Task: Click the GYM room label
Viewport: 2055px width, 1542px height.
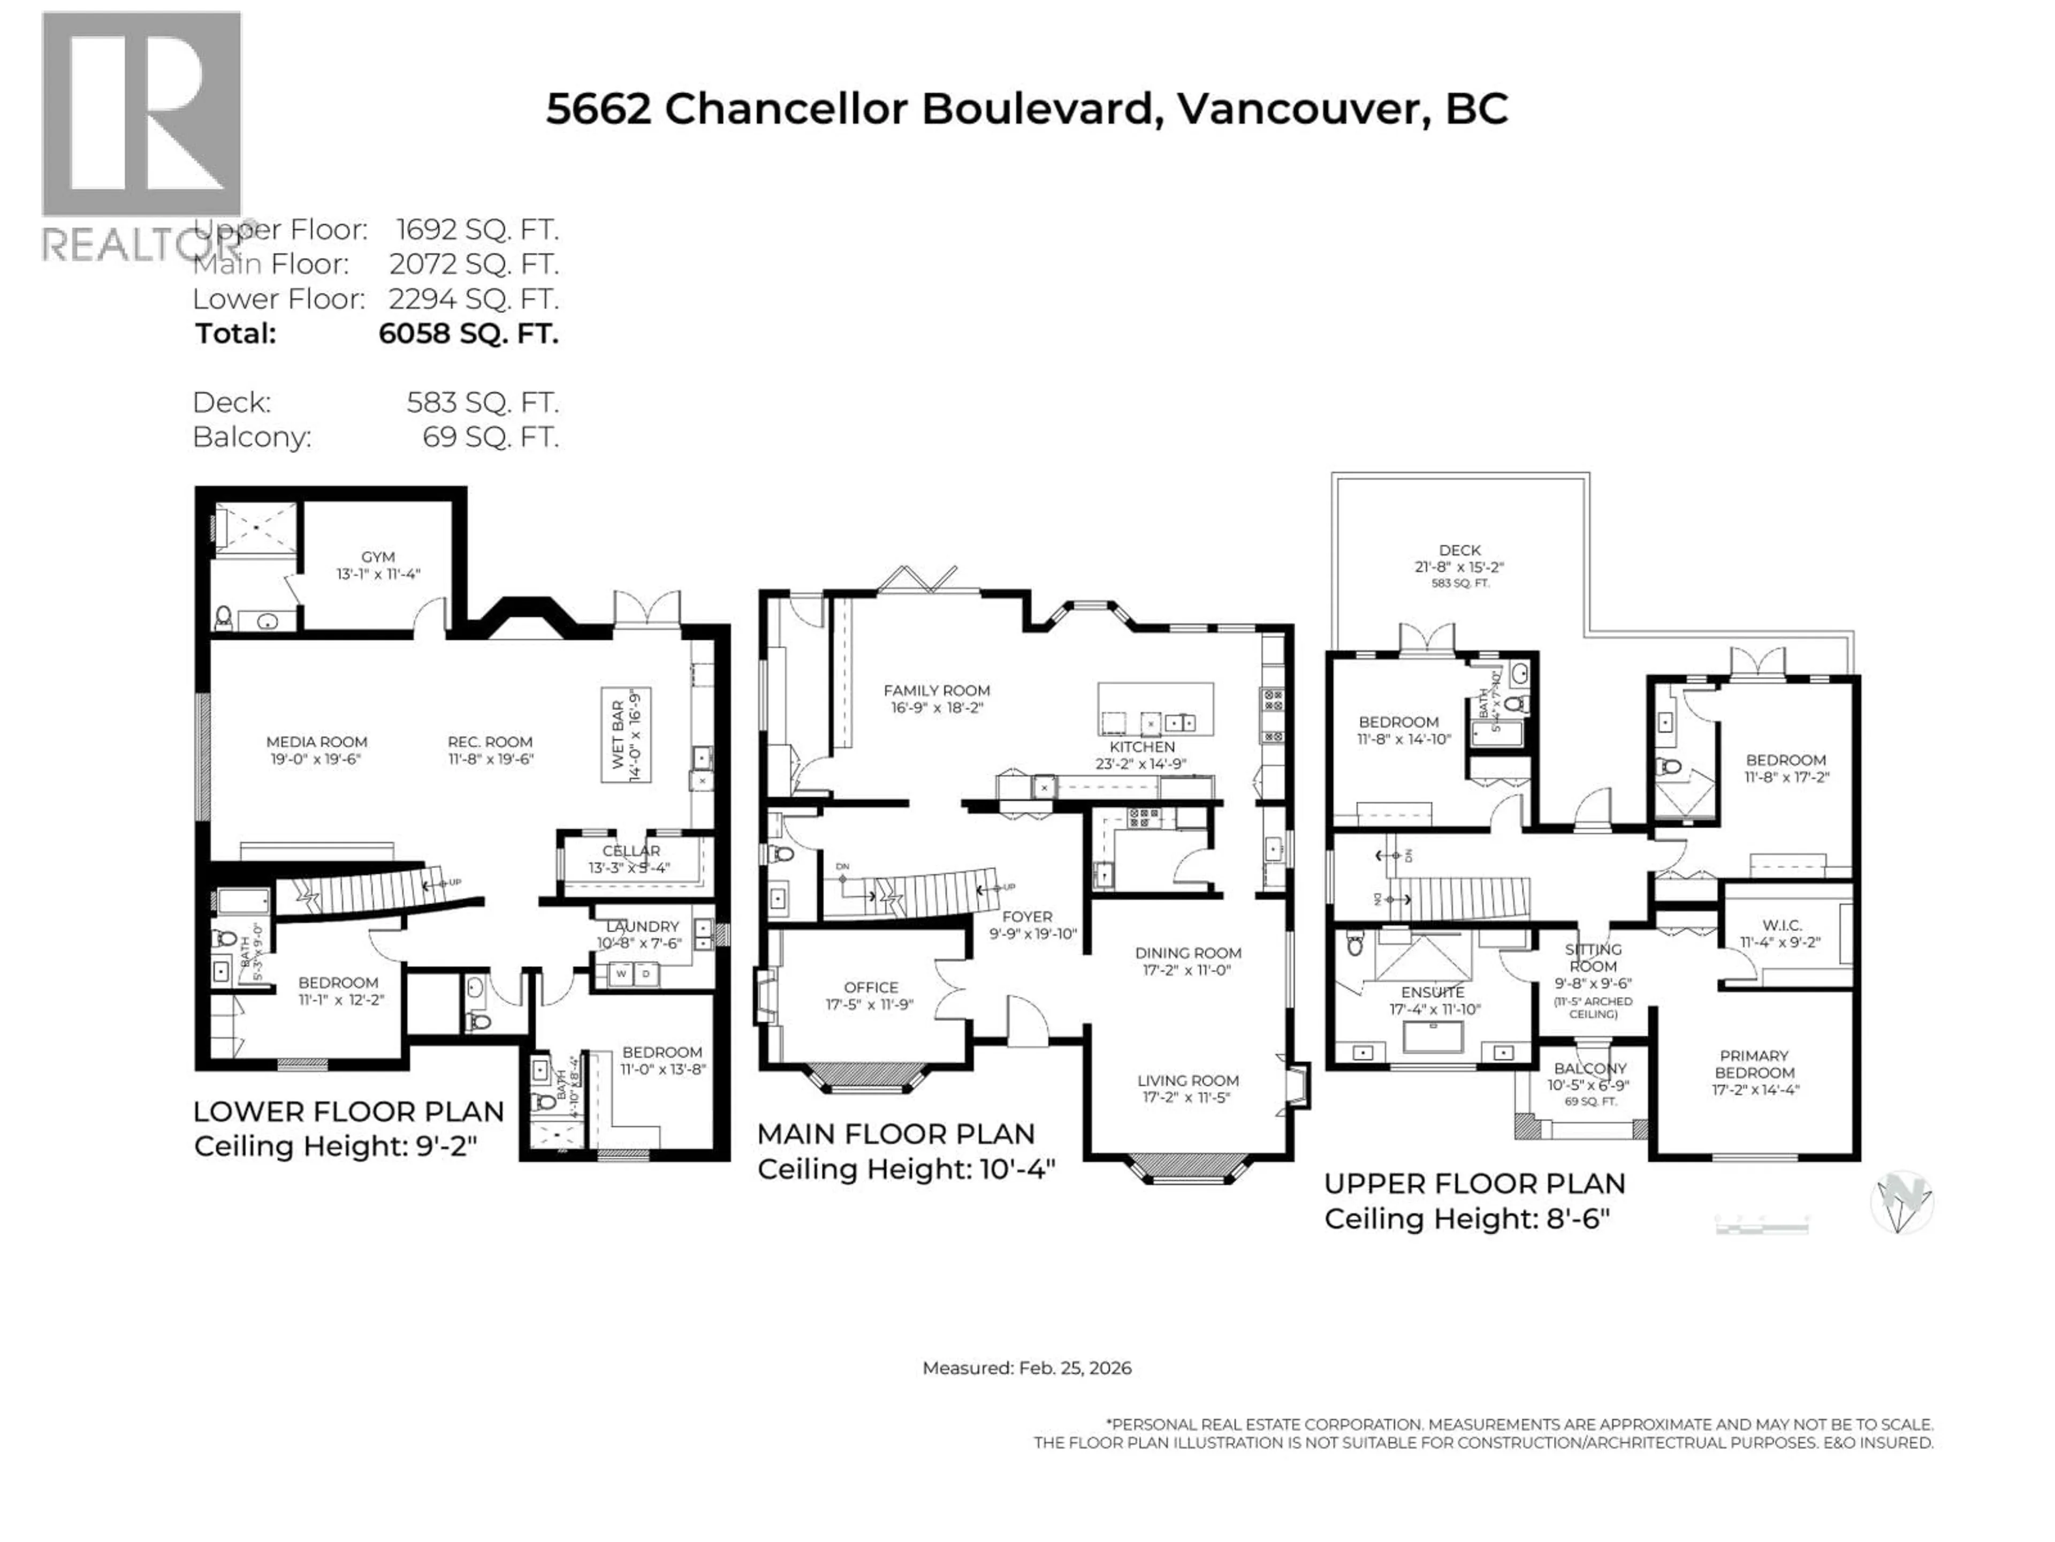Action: (x=378, y=557)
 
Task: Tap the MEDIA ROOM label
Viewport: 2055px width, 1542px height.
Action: (x=317, y=742)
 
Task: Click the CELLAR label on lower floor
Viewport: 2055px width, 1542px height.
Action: (x=631, y=850)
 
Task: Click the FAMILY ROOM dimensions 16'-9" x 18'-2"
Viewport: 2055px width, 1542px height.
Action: (x=937, y=707)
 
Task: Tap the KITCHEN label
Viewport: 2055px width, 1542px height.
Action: (x=1142, y=746)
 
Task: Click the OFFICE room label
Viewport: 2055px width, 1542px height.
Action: (x=871, y=987)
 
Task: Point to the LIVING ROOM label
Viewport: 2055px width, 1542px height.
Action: (x=1188, y=1080)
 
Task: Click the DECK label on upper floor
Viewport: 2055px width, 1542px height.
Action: (x=1459, y=550)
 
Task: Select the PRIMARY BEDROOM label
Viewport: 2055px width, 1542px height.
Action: (x=1754, y=1064)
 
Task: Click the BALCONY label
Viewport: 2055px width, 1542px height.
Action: (x=1589, y=1068)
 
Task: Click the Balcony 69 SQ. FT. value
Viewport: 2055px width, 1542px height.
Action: (x=491, y=437)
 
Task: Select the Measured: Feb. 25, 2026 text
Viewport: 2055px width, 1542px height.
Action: (x=1026, y=1368)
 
